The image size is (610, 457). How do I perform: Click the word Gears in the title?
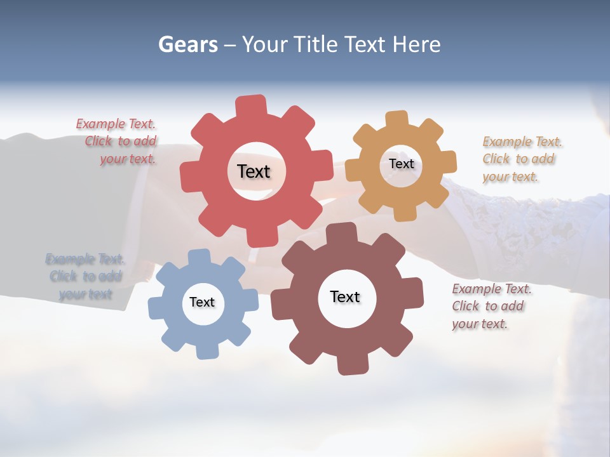[187, 44]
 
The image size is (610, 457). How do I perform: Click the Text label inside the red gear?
[254, 171]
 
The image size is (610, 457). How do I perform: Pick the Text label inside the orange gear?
[401, 164]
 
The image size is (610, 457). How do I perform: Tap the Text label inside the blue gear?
[202, 302]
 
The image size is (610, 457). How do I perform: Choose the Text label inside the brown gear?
[345, 296]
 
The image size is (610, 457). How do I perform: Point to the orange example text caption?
[520, 159]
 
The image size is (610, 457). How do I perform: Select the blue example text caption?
[85, 276]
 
